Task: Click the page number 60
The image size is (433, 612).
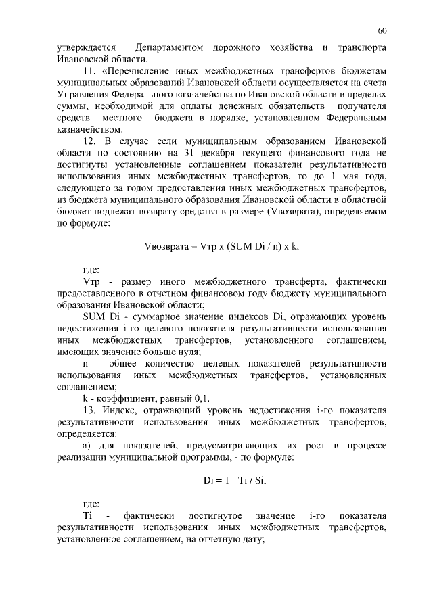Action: [382, 31]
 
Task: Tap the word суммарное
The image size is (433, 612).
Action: [147, 316]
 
